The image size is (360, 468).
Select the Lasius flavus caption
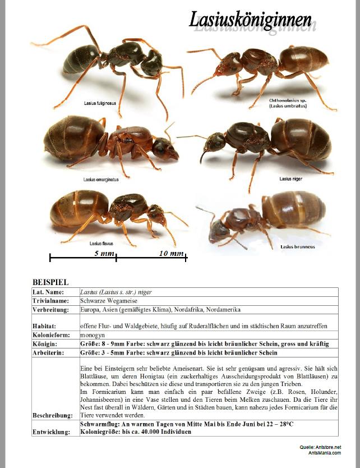click(101, 244)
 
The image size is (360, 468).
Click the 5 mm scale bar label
click(104, 254)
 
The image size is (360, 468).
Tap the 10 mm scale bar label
click(171, 254)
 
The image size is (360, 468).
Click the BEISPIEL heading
click(50, 282)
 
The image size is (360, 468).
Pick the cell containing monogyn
click(93, 335)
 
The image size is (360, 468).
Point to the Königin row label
click(45, 343)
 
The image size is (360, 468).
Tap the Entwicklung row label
click(52, 432)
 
